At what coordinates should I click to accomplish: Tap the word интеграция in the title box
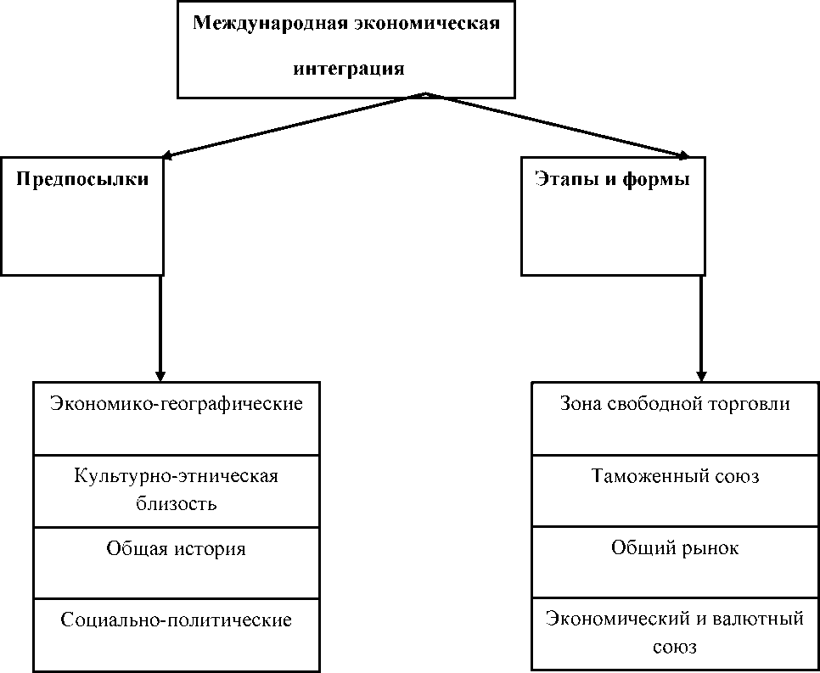coord(349,69)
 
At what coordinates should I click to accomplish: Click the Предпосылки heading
coord(82,180)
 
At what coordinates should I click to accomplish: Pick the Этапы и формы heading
coord(613,179)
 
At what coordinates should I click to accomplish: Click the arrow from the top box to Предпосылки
coord(294,125)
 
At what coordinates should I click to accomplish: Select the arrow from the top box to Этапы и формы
coord(558,125)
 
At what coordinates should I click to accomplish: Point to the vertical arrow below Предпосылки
coord(160,328)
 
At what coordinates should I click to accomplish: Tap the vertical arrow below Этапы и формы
coord(701,328)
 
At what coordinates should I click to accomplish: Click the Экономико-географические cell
coord(177,418)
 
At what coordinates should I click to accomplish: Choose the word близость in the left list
coord(177,504)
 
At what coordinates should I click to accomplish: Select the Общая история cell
coord(177,563)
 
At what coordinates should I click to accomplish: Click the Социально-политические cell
coord(177,635)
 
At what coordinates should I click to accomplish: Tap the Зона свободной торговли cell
coord(675,418)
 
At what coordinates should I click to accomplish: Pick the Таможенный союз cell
coord(675,491)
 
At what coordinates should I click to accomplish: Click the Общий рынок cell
coord(675,562)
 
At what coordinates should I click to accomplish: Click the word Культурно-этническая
coord(177,477)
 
